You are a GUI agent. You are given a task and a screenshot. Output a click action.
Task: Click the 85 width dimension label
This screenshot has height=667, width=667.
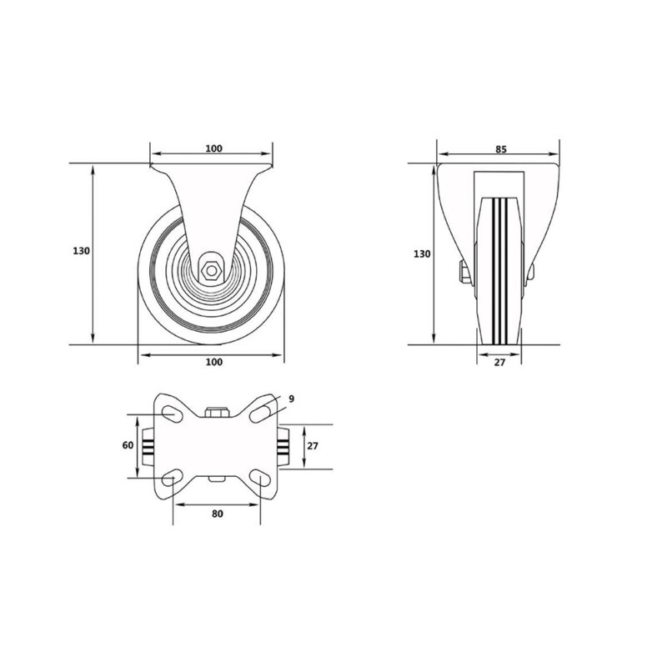point(501,149)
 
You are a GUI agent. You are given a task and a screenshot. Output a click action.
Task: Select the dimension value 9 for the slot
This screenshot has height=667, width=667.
point(291,399)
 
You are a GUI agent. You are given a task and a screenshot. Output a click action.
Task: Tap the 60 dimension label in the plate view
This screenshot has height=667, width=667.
point(128,446)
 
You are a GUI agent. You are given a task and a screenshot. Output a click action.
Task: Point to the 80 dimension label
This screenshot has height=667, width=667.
point(218,514)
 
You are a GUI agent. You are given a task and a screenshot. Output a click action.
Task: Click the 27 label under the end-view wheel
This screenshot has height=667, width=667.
point(499,363)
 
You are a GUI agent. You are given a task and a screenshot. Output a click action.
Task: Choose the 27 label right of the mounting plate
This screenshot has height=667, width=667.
point(313,447)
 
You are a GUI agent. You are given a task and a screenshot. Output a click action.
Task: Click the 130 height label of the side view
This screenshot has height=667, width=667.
point(81,251)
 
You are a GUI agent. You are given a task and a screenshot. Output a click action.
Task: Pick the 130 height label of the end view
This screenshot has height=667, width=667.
point(422,254)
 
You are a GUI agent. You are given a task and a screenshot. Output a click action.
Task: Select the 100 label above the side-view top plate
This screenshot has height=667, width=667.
point(214,148)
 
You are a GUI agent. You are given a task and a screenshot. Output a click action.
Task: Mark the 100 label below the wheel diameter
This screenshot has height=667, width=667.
point(214,362)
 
